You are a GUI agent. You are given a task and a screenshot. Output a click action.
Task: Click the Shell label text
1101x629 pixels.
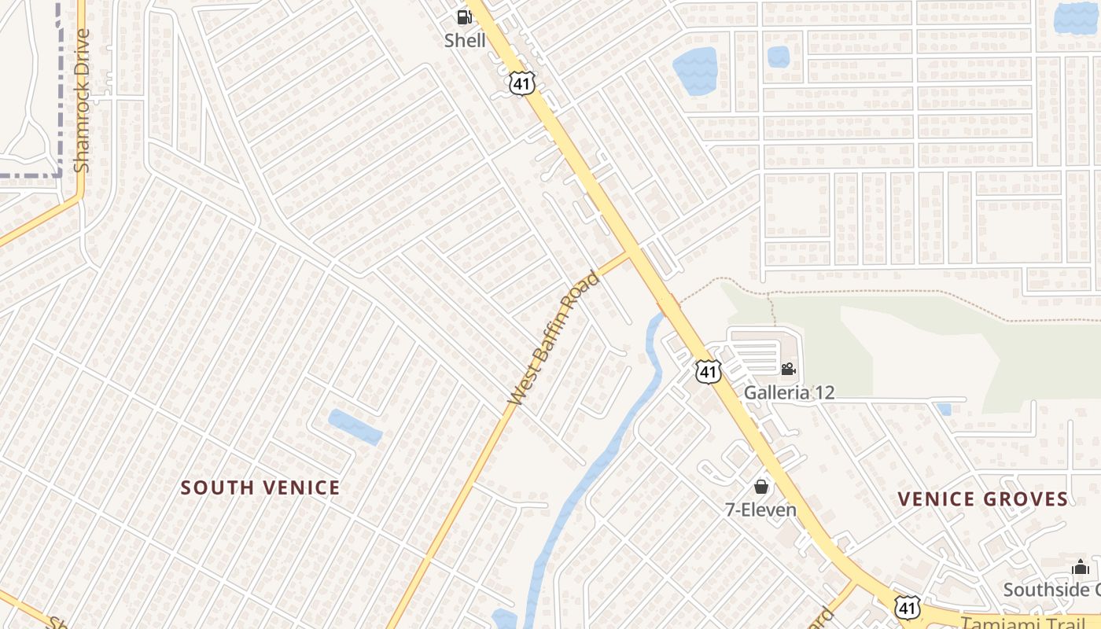[x=465, y=40]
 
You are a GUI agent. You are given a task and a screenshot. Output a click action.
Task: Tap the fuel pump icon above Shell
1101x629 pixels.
[x=465, y=17]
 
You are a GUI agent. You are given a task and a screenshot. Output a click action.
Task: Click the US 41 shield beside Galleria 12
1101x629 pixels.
[x=708, y=371]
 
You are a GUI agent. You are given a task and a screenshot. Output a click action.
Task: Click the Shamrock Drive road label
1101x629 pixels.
[x=82, y=101]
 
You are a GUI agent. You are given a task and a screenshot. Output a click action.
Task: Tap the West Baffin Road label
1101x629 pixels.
[x=554, y=338]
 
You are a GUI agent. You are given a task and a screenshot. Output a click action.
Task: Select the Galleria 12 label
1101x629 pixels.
[x=789, y=392]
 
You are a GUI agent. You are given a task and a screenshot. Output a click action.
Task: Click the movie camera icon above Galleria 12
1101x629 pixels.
[x=788, y=369]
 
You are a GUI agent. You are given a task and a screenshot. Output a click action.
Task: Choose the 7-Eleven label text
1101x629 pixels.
[x=760, y=509]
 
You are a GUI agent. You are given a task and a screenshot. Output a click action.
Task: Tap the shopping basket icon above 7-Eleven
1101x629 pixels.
[x=760, y=486]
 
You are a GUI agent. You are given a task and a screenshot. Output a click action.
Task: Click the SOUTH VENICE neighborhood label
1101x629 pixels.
[x=260, y=487]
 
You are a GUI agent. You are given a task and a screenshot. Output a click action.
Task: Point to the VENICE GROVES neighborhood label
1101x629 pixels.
[x=983, y=498]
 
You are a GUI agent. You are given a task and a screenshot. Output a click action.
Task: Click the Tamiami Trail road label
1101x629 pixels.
[x=1030, y=622]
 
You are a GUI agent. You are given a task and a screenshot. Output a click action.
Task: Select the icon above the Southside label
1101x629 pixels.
[x=1080, y=567]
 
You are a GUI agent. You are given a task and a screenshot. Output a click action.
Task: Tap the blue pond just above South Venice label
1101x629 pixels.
[x=355, y=426]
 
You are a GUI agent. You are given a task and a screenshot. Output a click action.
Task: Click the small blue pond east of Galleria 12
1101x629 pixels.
[x=944, y=409]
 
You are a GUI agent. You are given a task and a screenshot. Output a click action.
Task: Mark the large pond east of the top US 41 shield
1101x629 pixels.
[x=695, y=70]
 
